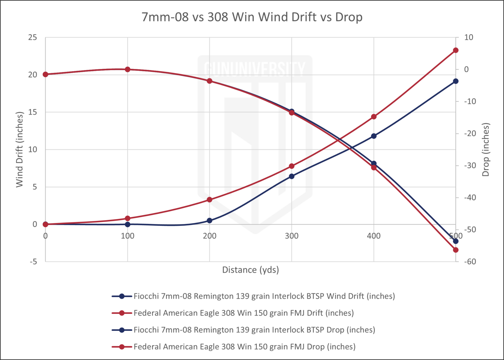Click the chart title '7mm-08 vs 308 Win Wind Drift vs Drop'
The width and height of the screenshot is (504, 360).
[x=252, y=17]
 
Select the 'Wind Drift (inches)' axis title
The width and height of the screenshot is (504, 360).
[x=20, y=150]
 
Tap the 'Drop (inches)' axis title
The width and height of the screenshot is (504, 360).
[x=486, y=150]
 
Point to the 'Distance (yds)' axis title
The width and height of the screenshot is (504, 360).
[x=250, y=270]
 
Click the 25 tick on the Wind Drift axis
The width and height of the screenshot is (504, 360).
[x=33, y=38]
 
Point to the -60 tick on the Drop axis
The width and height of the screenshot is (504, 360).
[x=470, y=262]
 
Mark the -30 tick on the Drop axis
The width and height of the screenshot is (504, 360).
[x=470, y=166]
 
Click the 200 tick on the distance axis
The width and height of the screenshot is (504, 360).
[x=210, y=236]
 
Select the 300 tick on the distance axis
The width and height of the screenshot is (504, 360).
[x=292, y=236]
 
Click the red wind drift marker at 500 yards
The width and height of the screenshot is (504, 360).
[x=455, y=50]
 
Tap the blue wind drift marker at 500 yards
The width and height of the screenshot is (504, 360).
[x=455, y=81]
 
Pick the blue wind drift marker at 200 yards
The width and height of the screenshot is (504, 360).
[x=210, y=221]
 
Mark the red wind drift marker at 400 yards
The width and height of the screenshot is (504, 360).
[x=374, y=117]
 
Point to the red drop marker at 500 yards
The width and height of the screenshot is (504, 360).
[x=455, y=250]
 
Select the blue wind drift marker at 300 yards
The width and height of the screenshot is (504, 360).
[x=292, y=176]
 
